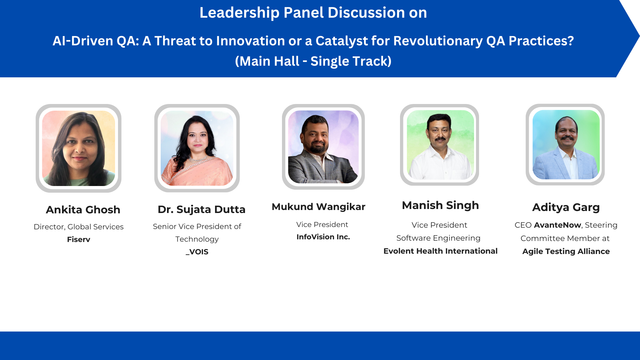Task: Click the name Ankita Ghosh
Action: (x=83, y=210)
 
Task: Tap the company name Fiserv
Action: (x=79, y=239)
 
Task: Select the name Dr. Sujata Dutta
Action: (x=201, y=209)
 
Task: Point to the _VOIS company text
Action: (x=197, y=252)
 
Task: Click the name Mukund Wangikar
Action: (x=318, y=207)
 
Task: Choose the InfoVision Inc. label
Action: (x=323, y=237)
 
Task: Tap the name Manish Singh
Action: (x=440, y=205)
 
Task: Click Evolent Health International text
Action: (x=440, y=251)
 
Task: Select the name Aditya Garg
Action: (x=566, y=207)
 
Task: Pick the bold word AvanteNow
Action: (x=558, y=225)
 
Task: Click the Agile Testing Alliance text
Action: (x=566, y=251)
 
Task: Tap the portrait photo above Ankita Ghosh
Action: (x=79, y=148)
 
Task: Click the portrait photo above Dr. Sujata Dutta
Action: (x=197, y=148)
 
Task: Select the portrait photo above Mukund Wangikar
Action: (x=323, y=147)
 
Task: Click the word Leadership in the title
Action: (x=239, y=13)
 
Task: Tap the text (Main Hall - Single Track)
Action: (x=313, y=61)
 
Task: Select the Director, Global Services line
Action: (x=79, y=227)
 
